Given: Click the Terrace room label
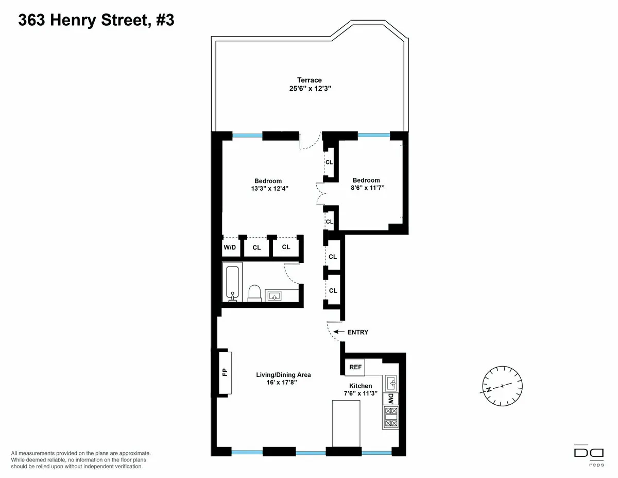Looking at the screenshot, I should point(309,80).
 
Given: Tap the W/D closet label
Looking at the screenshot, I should point(229,248).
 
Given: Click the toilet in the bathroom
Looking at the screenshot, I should point(254,292).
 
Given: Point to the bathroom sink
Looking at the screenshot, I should point(273,295).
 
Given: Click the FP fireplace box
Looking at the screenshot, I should point(225,373).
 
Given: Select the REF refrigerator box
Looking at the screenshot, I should point(355,367).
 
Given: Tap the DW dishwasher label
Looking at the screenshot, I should point(390,399).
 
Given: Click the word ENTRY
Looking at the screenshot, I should point(358,333).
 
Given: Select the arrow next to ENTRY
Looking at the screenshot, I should point(339,332).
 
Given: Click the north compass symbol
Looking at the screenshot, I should point(502,386).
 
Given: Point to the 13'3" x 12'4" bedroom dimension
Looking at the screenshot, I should point(268,188).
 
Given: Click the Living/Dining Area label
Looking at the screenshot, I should point(284,375).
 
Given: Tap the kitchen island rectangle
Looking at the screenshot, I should point(347,424).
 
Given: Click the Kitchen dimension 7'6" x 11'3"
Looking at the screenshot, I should point(360,393).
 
